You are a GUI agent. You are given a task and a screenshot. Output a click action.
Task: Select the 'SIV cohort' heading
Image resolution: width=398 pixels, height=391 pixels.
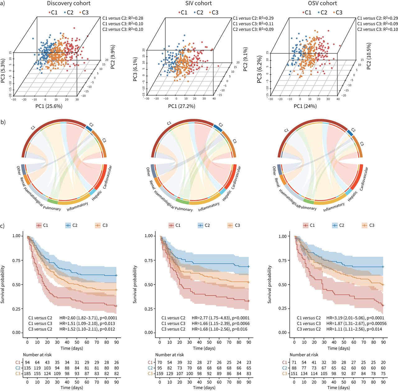point(198,4)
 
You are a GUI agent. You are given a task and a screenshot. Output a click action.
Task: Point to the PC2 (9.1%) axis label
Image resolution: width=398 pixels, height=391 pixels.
point(246,59)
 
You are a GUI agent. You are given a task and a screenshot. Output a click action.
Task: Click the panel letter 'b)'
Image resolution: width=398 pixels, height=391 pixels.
point(3,122)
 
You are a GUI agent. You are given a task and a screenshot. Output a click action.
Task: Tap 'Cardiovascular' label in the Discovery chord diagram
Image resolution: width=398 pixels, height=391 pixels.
point(107,177)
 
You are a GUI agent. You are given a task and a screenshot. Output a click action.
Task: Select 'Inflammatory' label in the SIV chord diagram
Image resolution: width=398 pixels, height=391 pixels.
point(209,206)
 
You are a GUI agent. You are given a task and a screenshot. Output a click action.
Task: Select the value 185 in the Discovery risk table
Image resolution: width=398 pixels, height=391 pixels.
point(27,374)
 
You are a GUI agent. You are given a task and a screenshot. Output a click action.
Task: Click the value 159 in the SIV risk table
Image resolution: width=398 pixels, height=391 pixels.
point(160,374)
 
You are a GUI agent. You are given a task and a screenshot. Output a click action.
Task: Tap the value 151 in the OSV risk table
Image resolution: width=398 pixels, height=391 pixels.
point(294,374)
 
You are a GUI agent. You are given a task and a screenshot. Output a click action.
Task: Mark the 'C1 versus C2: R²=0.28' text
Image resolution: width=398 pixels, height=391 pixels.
point(123,18)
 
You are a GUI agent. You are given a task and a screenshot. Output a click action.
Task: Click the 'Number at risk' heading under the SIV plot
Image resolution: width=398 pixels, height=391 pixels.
point(169,355)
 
